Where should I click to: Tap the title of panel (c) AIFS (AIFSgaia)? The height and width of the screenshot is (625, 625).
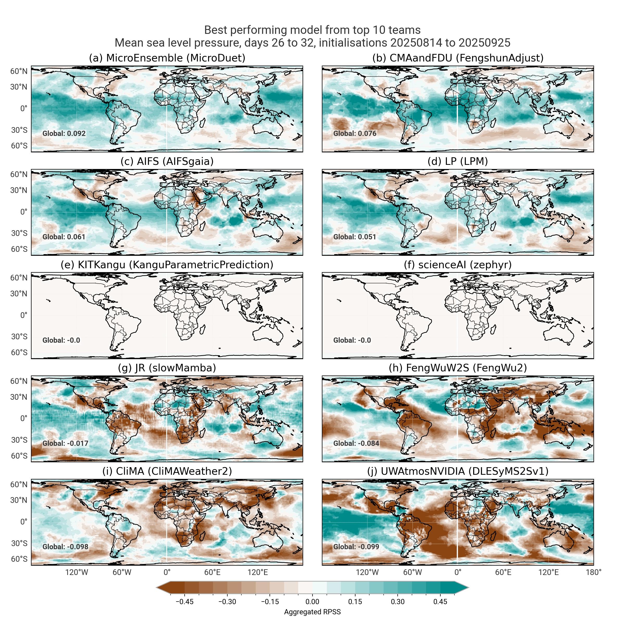(167, 161)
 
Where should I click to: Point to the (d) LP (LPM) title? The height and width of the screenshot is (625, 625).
(458, 161)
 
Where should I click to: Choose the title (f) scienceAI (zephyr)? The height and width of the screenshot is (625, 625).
(458, 265)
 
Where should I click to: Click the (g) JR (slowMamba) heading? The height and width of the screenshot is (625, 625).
(167, 368)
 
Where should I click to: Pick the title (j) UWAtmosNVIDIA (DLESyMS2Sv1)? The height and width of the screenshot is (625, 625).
(458, 471)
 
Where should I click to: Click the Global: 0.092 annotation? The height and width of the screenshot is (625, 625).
(64, 133)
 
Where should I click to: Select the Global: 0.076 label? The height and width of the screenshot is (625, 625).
(355, 133)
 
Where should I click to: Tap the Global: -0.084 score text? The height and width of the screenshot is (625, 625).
(356, 443)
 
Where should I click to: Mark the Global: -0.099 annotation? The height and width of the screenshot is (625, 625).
(356, 547)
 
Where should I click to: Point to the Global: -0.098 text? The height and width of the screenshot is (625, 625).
(65, 547)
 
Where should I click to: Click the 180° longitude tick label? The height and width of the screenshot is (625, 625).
(593, 572)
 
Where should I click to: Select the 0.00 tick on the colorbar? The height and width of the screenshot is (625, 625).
(312, 602)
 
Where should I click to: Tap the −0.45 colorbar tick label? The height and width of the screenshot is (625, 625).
(184, 602)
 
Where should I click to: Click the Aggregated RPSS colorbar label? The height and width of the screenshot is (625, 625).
(312, 612)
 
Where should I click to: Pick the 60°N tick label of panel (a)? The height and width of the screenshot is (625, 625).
(19, 71)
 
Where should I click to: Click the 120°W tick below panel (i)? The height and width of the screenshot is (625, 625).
(77, 572)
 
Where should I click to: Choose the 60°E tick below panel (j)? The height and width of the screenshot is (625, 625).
(503, 572)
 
